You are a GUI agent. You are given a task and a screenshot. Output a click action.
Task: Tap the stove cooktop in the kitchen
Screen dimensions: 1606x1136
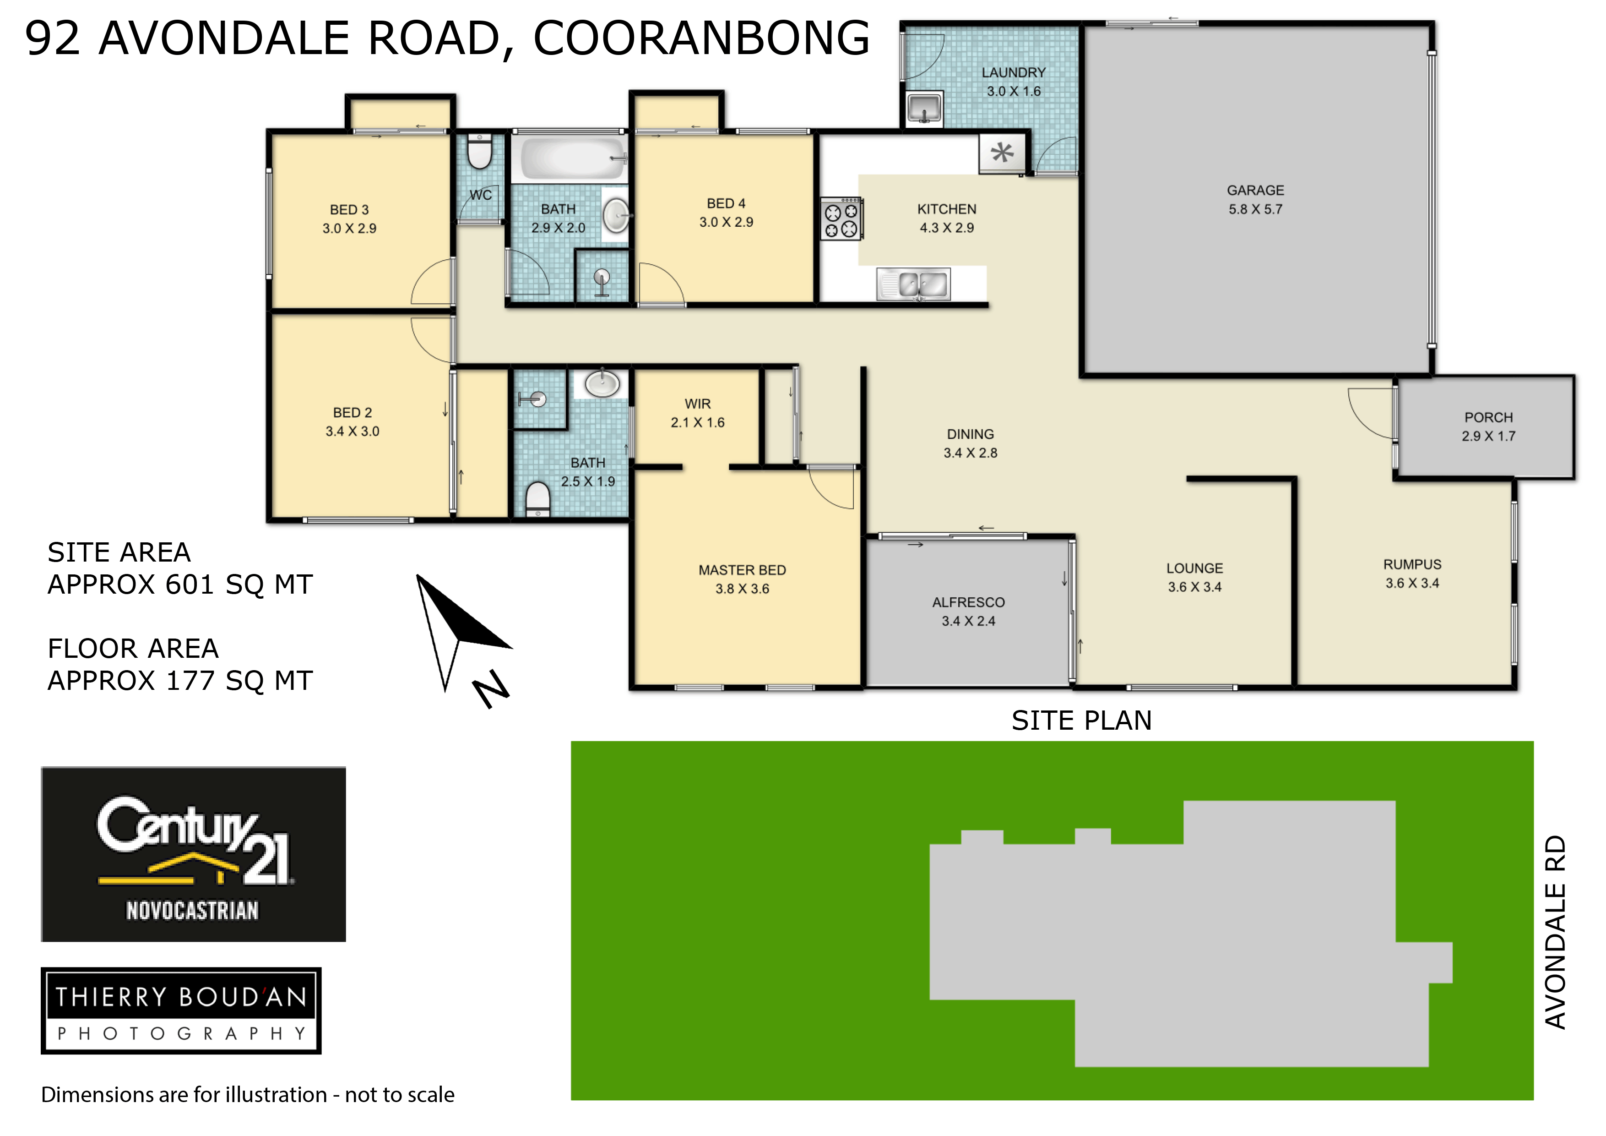(841, 219)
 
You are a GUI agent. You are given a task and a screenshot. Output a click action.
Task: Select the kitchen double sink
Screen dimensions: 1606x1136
(913, 284)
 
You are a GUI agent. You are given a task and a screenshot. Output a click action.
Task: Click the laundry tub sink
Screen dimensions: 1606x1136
(924, 109)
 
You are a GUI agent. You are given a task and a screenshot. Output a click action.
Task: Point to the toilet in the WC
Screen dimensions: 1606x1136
(480, 151)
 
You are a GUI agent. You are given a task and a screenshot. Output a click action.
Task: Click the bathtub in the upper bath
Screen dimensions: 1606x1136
(570, 158)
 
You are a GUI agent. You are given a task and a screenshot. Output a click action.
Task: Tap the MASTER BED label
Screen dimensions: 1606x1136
(742, 570)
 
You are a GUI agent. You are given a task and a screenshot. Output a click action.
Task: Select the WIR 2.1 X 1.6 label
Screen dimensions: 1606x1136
(697, 413)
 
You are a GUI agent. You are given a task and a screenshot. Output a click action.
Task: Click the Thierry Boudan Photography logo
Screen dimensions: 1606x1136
(181, 1010)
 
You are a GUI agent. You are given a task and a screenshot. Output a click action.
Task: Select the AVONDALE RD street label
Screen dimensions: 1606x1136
(1555, 932)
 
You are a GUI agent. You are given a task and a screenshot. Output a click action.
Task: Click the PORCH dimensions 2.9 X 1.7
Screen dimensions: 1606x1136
(1488, 436)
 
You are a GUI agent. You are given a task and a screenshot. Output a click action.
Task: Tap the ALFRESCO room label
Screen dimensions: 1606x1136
(968, 603)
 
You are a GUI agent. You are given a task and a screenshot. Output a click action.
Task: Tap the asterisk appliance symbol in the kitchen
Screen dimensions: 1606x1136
(1002, 153)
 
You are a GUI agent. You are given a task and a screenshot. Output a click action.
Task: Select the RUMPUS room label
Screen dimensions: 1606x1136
(1412, 565)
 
